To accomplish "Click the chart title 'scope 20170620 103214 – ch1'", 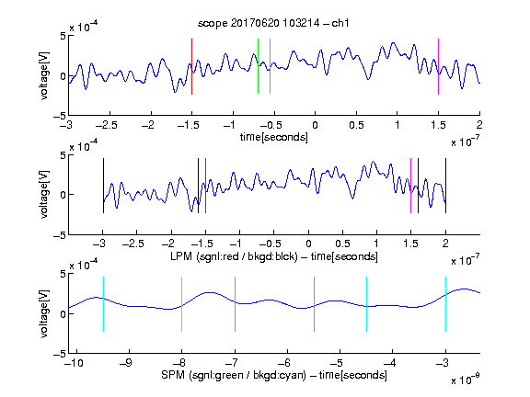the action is click(273, 23).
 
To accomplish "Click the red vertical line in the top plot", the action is click(191, 66).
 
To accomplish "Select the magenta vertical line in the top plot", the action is click(438, 66).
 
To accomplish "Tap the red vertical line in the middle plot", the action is click(205, 186).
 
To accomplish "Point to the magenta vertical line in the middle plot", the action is click(410, 186).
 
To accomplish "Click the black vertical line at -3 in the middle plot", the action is click(103, 186).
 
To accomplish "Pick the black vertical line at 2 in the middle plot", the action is click(445, 186).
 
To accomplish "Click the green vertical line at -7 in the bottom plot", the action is click(235, 304).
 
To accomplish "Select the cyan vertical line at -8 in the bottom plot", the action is click(182, 304).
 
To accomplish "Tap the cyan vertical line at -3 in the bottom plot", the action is click(445, 304).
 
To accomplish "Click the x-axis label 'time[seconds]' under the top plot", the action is click(274, 138).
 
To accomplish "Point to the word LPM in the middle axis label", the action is click(181, 256).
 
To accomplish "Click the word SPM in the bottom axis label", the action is click(173, 375).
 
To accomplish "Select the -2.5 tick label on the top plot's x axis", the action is click(107, 125).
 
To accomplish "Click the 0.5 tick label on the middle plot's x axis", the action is click(342, 244).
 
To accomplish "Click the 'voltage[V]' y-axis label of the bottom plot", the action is click(44, 313).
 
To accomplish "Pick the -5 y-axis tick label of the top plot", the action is click(60, 116).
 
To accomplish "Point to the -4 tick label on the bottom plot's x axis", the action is click(390, 363).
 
